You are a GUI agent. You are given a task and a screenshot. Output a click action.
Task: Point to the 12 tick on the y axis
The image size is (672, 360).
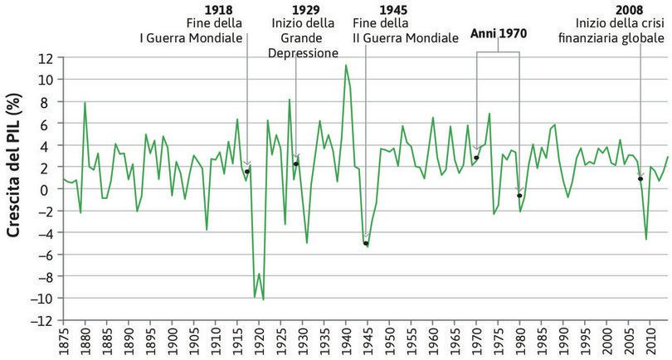pos(44,58)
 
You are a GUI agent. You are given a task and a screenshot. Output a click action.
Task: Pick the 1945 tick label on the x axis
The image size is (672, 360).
pos(365,343)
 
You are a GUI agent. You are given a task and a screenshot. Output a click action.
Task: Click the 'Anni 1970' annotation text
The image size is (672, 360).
pos(498,34)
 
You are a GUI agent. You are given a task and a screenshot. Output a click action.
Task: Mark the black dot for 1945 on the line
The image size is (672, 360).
pos(366,243)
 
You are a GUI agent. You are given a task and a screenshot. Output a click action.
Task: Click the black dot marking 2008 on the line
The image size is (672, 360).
pos(640,178)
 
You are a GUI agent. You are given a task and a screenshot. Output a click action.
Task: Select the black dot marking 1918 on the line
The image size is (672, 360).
pos(247,171)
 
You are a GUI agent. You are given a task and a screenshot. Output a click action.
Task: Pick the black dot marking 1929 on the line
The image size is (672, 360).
pos(296,163)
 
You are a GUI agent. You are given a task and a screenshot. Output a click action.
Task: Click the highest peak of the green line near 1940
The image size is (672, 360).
pos(345,65)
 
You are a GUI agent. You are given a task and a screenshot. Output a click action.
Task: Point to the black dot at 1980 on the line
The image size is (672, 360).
pos(519,196)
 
